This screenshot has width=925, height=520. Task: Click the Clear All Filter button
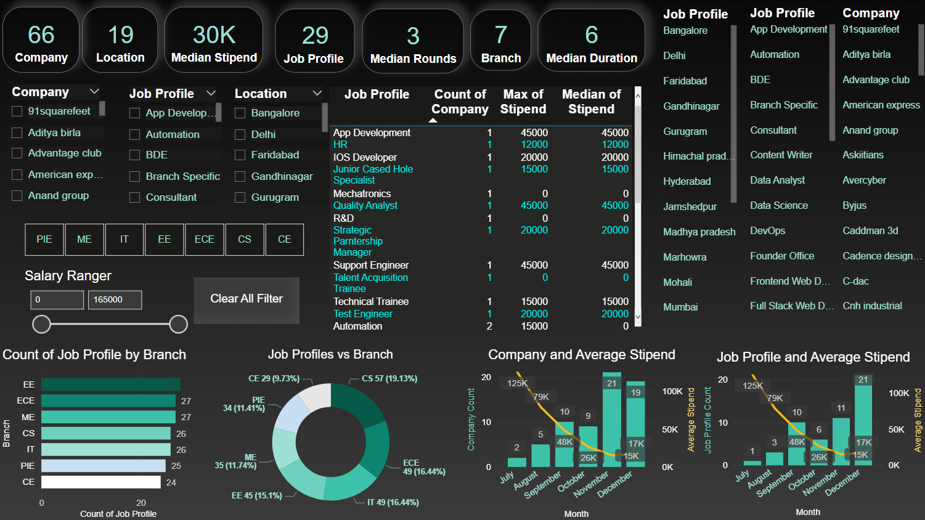tap(247, 299)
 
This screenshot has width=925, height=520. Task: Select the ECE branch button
tap(205, 240)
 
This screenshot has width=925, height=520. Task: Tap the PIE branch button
tap(44, 240)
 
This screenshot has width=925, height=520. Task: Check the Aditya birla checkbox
tap(17, 133)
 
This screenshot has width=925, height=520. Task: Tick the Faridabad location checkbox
tap(240, 155)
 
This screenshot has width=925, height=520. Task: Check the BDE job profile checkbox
tap(135, 155)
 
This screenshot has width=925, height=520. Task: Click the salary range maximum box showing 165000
tap(115, 300)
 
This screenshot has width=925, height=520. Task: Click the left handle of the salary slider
tap(41, 324)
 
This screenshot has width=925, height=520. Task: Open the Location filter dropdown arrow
tap(317, 94)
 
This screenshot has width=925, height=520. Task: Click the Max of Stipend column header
tap(523, 102)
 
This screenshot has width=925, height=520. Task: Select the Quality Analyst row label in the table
tap(365, 206)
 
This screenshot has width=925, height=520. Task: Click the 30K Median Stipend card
tap(214, 40)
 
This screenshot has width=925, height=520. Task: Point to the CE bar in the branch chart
tap(101, 482)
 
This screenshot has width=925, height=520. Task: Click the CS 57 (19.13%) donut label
tap(389, 379)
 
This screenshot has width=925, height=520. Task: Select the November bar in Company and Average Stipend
tap(612, 420)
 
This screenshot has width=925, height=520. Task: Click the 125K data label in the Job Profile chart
tap(752, 386)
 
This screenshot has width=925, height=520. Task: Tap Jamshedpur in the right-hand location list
tap(690, 207)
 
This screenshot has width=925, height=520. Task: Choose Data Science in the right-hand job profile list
tap(779, 206)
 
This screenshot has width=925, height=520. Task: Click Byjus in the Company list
tap(855, 206)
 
